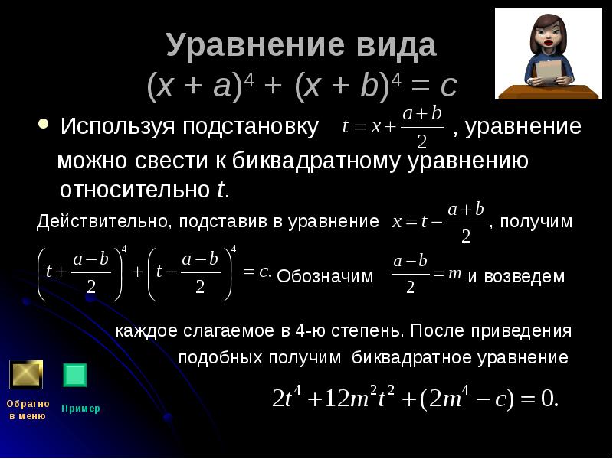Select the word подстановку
251,127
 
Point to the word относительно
136,190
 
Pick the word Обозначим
325,276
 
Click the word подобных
218,358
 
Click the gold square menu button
26,375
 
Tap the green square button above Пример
74,375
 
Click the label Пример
80,409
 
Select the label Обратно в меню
28,409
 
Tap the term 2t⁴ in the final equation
288,397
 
